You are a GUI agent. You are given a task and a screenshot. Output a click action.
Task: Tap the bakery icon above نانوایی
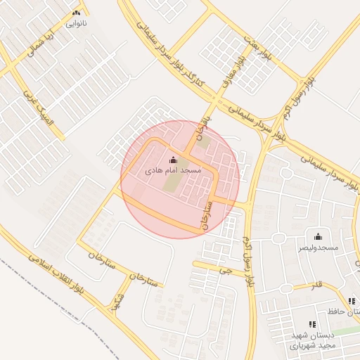pos(76,13)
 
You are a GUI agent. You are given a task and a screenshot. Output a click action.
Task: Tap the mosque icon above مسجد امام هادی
pos(174,160)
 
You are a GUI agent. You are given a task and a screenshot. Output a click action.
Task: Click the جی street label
pos(225,269)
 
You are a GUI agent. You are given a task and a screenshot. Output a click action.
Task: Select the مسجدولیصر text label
pos(319,248)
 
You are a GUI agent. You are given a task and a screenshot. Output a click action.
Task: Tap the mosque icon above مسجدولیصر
pos(318,237)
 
